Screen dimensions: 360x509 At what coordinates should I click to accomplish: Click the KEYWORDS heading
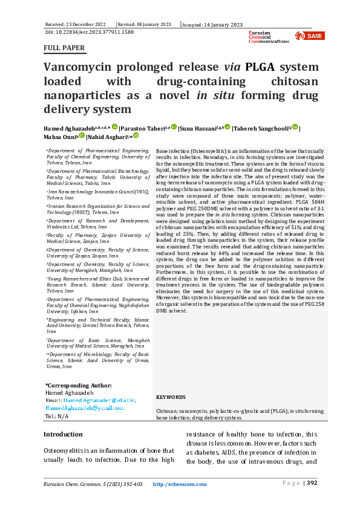171,397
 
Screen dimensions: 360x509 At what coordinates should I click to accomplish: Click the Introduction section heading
64,434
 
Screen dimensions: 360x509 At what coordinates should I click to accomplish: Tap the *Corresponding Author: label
78,385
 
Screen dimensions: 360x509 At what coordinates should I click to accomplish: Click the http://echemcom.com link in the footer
180,484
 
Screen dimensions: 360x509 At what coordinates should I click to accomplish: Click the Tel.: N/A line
57,416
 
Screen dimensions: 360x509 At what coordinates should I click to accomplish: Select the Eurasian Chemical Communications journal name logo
269,36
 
